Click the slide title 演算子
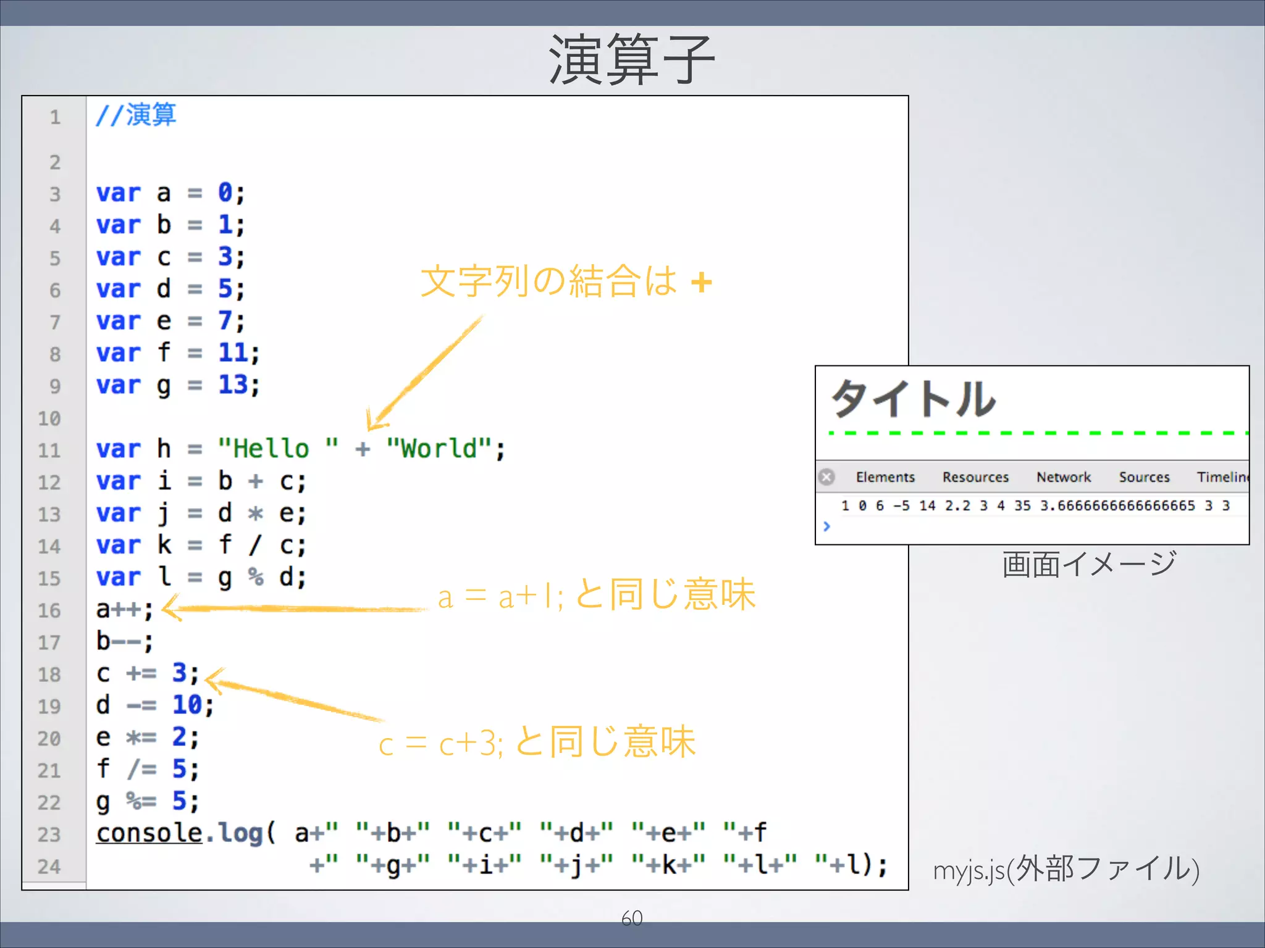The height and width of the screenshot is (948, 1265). click(x=631, y=60)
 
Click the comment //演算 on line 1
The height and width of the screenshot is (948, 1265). click(x=136, y=115)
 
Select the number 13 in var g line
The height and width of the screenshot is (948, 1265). click(x=233, y=385)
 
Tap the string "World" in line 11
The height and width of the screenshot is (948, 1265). click(x=439, y=449)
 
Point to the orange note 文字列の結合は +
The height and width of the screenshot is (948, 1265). click(x=566, y=281)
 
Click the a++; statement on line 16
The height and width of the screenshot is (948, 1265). click(x=124, y=610)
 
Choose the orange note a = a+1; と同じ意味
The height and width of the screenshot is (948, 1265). click(x=596, y=596)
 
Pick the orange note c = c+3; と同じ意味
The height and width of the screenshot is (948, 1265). click(x=537, y=742)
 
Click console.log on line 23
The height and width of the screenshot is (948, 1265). click(x=179, y=833)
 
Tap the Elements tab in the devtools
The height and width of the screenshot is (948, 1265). click(x=885, y=477)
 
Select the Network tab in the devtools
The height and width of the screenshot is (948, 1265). click(x=1063, y=477)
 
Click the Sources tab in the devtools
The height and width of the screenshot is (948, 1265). click(x=1144, y=477)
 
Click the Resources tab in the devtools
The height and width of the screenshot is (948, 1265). click(x=975, y=477)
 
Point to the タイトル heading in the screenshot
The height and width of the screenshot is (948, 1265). click(x=913, y=399)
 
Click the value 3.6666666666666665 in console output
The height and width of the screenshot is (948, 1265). click(x=1117, y=506)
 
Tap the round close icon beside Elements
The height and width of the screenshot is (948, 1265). click(x=826, y=477)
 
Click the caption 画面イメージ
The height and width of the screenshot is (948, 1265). click(x=1088, y=564)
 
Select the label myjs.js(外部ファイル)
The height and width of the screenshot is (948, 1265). click(x=1066, y=869)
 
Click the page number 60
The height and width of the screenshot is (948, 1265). click(x=632, y=918)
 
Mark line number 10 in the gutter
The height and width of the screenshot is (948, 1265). click(x=49, y=418)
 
